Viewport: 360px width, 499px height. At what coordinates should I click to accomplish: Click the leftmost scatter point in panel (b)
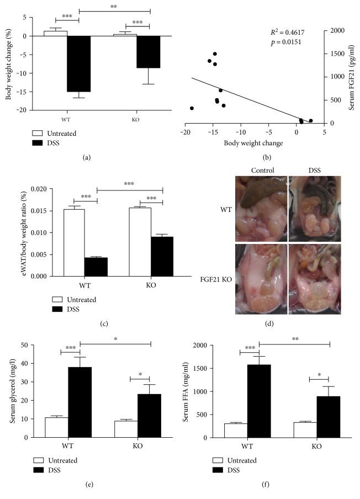pyautogui.click(x=192, y=108)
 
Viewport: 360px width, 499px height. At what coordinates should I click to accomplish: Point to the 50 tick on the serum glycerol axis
pyautogui.click(x=25, y=345)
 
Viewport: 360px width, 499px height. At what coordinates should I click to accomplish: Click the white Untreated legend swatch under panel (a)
pyautogui.click(x=38, y=133)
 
